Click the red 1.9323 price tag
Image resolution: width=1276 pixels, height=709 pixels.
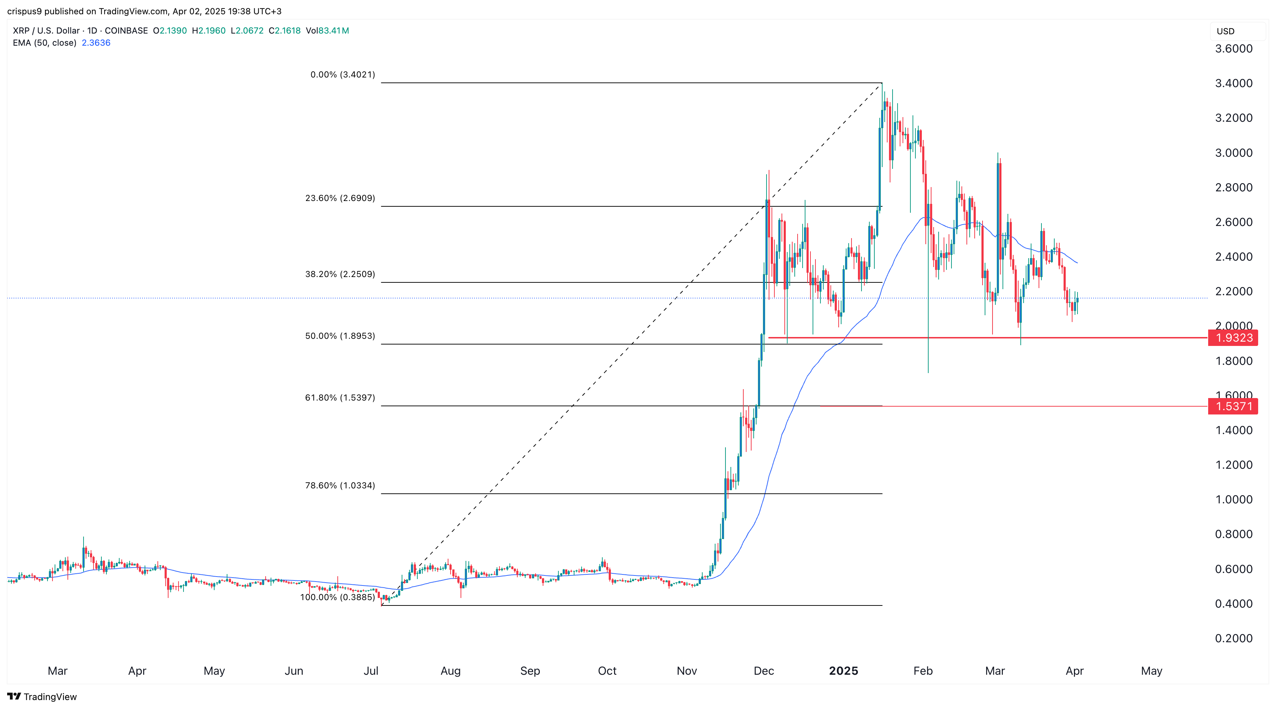point(1234,338)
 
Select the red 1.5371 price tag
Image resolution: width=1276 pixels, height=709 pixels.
point(1234,406)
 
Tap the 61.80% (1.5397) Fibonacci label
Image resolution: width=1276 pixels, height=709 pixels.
point(340,397)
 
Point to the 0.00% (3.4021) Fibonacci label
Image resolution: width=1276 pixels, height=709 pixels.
point(342,75)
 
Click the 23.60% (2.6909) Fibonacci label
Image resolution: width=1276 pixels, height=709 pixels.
point(340,198)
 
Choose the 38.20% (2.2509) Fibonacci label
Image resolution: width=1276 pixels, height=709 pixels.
point(340,274)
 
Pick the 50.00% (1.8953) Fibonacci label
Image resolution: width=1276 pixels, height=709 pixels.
point(340,336)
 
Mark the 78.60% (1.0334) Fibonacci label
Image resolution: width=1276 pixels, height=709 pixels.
point(340,486)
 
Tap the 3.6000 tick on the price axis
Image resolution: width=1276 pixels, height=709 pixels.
point(1234,49)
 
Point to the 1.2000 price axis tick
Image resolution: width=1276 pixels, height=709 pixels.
point(1234,465)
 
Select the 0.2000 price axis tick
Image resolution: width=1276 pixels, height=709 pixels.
point(1234,638)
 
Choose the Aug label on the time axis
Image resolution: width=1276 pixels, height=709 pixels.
point(450,671)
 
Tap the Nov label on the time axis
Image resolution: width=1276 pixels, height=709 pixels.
point(687,671)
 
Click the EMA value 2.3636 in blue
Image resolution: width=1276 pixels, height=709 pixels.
point(96,42)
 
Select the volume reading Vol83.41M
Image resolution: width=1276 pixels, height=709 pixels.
point(327,31)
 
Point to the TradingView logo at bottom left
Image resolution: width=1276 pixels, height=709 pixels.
point(42,697)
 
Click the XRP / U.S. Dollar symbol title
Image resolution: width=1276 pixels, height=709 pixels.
point(46,31)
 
